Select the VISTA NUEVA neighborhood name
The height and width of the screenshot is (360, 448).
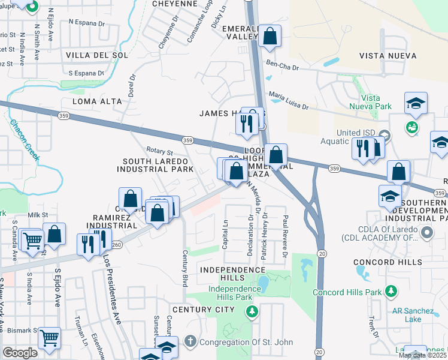coord(388,56)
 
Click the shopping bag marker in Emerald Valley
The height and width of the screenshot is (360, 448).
coord(270,36)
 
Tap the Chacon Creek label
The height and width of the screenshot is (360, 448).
coord(24,140)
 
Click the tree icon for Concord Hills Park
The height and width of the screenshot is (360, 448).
coord(391,292)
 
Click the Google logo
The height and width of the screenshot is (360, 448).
coord(19,352)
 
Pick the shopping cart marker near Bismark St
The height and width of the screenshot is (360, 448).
coord(49,338)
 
